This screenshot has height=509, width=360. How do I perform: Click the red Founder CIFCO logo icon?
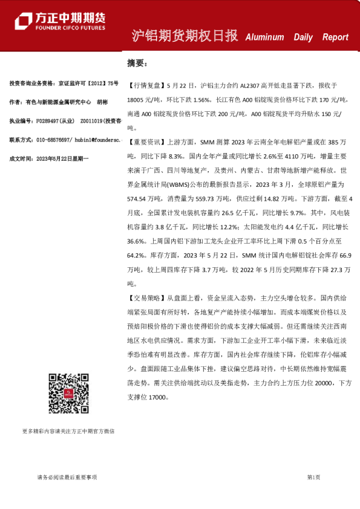point(24,22)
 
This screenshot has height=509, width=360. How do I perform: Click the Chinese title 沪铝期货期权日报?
point(185,36)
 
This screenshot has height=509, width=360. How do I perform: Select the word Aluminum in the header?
point(264,37)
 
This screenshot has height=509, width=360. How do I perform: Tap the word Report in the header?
point(335,37)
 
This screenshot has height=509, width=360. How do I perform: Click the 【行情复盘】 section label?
point(145,85)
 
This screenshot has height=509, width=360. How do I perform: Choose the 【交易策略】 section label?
point(145,298)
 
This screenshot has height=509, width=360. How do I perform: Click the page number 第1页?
point(313,477)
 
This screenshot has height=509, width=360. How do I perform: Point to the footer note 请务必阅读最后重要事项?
point(67,477)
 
